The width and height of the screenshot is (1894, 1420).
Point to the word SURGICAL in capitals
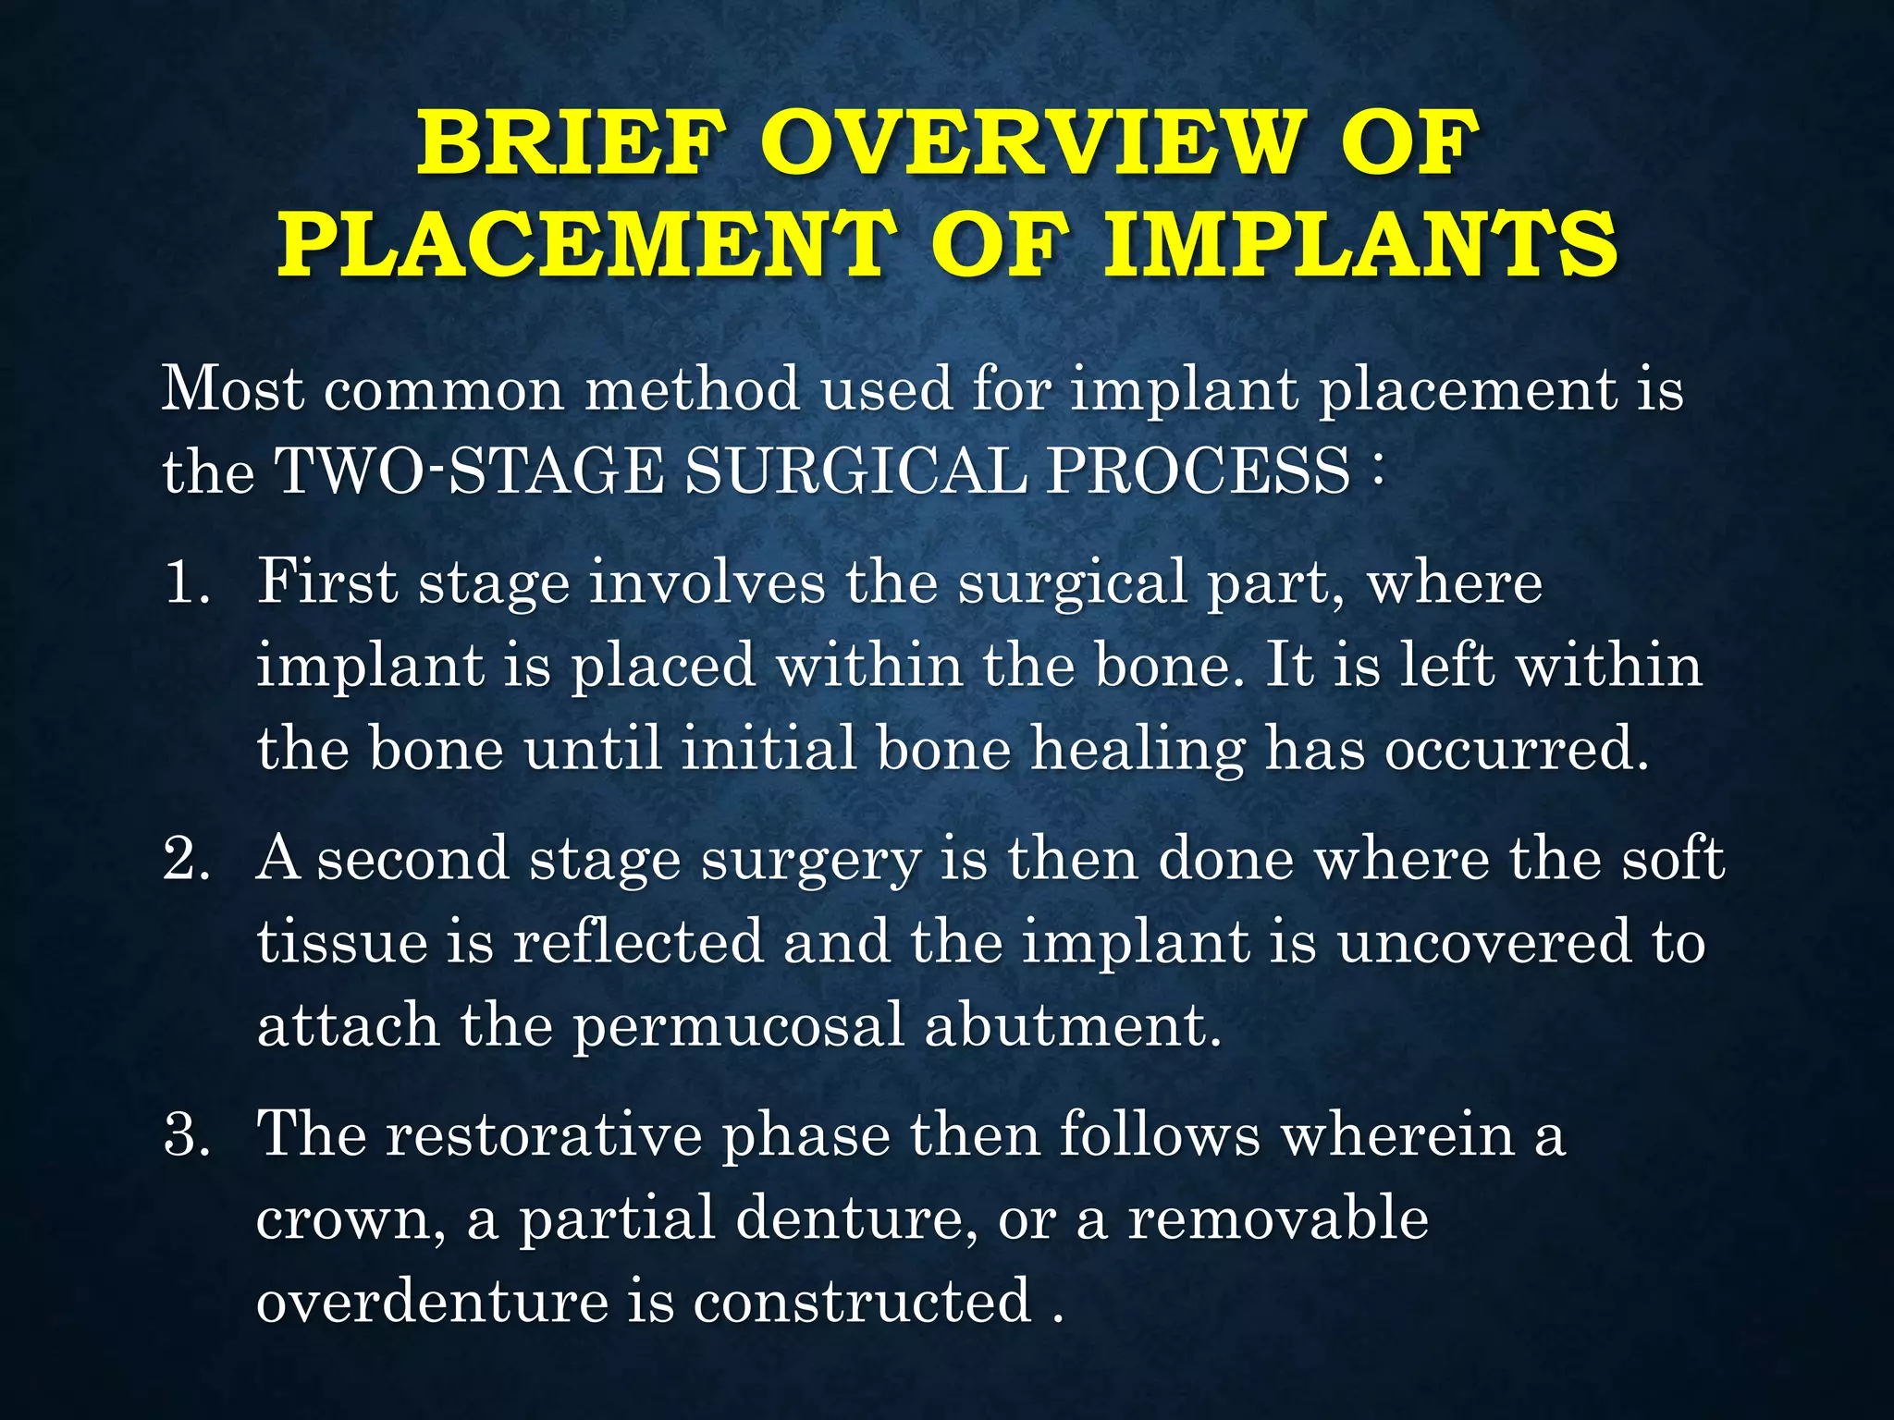click(x=855, y=471)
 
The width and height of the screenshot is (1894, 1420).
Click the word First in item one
click(x=327, y=582)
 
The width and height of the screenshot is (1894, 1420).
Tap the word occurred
click(x=1517, y=749)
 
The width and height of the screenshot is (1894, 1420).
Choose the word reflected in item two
click(x=638, y=942)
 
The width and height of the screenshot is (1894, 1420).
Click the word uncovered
click(x=1484, y=942)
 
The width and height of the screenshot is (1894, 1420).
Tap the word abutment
click(x=1073, y=1025)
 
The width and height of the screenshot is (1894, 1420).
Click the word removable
click(x=1278, y=1218)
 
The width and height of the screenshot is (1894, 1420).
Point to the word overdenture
click(x=432, y=1301)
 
